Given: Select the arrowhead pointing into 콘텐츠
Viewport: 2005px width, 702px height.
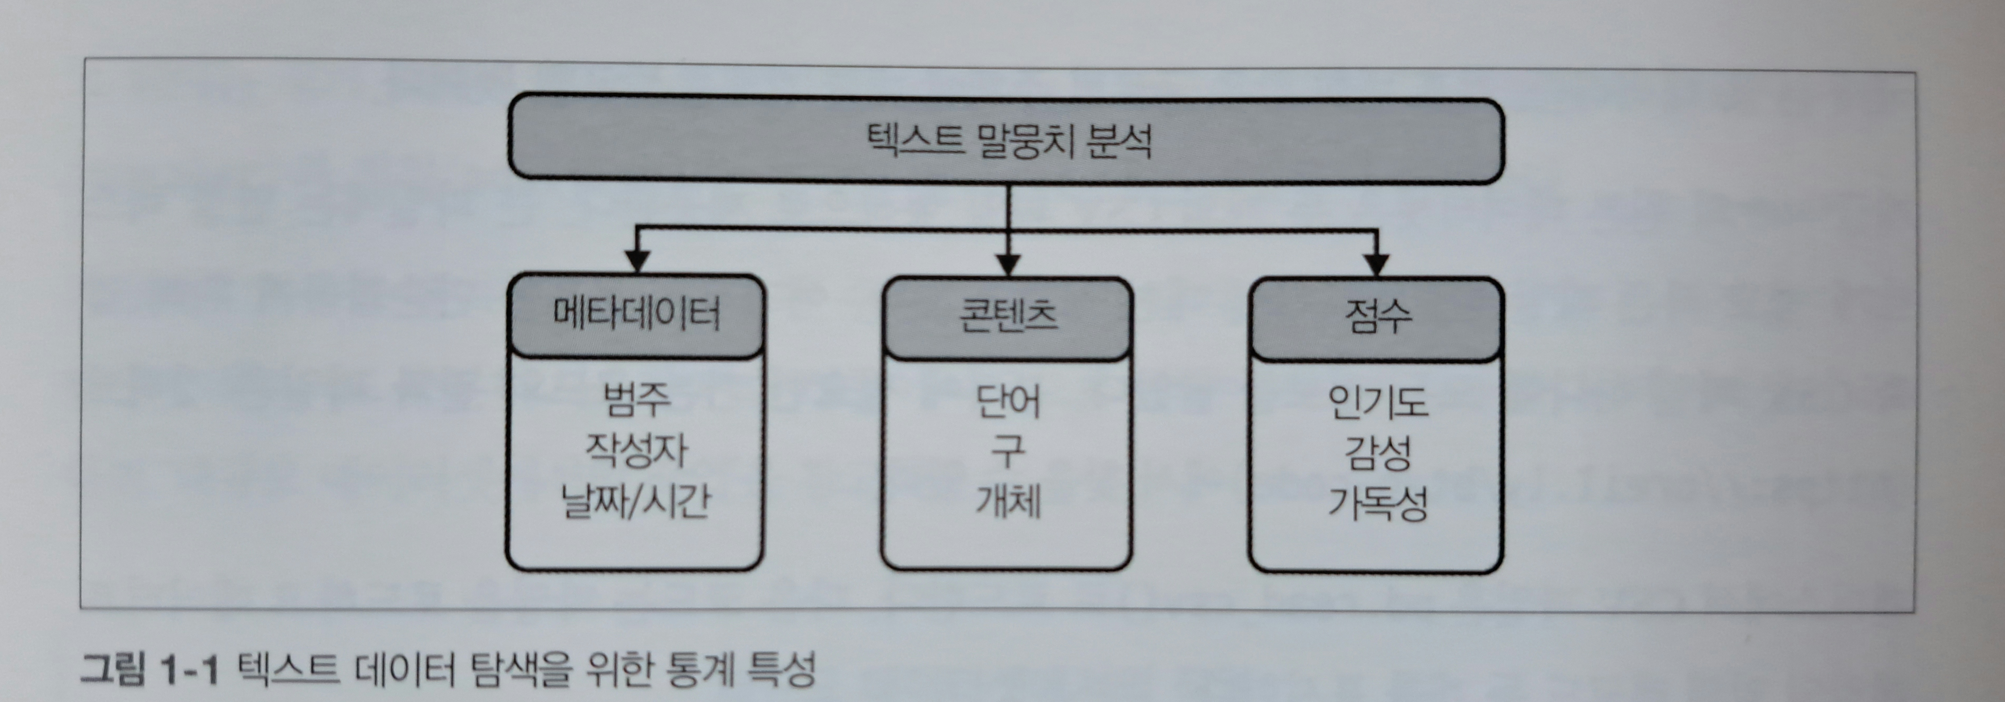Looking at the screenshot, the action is click(x=1008, y=265).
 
